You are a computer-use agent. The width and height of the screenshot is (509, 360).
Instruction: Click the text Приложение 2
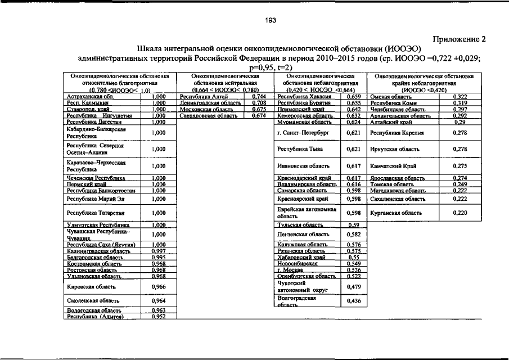pos(458,39)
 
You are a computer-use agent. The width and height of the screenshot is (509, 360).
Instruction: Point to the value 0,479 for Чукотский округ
pos(353,287)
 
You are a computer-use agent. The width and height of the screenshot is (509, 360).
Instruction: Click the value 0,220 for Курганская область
pos(460,213)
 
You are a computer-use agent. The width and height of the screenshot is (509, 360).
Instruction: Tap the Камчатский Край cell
pos(394,166)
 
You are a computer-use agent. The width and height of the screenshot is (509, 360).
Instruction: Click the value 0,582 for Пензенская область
pos(353,234)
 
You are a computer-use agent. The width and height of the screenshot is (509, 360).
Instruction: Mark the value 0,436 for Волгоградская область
pos(353,301)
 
